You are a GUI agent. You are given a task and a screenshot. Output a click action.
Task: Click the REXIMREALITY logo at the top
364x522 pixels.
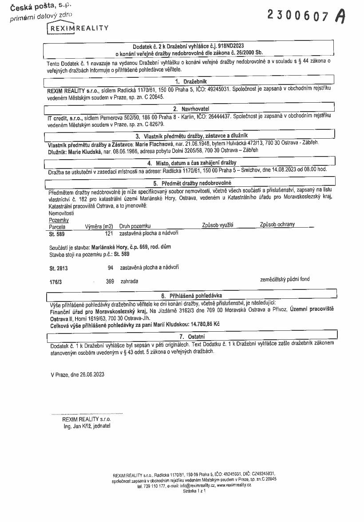[78, 28]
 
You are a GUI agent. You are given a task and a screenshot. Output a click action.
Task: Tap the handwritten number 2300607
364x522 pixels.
[298, 16]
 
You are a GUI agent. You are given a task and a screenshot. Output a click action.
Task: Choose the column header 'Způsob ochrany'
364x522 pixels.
[277, 225]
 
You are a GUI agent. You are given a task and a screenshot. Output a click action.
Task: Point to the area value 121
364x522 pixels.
[109, 233]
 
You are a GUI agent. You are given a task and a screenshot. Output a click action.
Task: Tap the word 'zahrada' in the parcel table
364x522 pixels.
[129, 281]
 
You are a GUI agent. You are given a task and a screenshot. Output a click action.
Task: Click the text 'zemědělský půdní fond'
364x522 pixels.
[285, 279]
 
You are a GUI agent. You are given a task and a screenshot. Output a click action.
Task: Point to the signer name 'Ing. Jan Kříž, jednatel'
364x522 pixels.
[87, 426]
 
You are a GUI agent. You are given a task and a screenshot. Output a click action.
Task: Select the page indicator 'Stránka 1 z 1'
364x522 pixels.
[194, 491]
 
